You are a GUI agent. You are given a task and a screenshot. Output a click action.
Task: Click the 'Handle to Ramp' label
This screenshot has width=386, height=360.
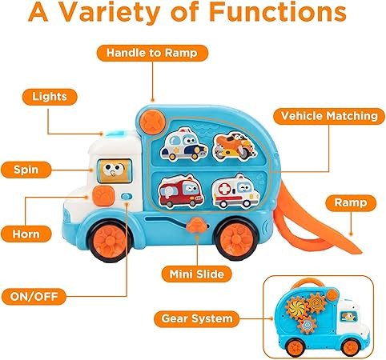point(152,53)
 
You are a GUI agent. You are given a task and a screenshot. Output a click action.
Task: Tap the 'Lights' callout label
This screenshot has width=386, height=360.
point(50,97)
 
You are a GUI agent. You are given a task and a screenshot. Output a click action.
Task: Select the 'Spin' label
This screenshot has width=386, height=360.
point(26,170)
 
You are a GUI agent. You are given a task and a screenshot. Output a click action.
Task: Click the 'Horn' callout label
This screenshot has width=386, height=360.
point(26,234)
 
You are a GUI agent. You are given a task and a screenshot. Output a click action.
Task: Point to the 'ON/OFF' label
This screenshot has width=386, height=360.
point(34,296)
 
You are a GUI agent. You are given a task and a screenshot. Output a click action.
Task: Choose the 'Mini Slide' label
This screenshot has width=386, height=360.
point(197,274)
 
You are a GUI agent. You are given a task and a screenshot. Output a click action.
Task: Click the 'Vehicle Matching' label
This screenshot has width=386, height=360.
point(329,116)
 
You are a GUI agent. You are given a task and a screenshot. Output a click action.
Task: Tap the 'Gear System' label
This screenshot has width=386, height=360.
point(197,318)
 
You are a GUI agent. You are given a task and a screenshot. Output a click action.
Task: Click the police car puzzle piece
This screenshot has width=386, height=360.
point(184,145)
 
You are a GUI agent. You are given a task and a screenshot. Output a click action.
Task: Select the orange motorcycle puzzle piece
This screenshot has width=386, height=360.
point(235,146)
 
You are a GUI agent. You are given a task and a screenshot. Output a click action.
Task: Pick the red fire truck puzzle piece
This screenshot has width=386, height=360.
point(181,191)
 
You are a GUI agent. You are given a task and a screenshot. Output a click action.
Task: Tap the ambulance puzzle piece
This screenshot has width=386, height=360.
point(235,191)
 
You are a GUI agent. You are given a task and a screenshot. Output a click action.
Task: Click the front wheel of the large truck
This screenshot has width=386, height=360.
point(110,240)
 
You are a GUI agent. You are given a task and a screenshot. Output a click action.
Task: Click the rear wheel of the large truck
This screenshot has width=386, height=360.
point(236,238)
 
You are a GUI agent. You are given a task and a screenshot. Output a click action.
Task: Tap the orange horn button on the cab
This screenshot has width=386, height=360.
point(103,196)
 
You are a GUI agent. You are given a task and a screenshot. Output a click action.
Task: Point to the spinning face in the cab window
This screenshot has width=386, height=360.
point(115,171)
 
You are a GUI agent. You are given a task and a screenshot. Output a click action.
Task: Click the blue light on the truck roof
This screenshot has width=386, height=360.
point(115,133)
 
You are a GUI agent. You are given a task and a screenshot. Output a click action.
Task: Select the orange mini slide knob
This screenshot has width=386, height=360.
point(197,226)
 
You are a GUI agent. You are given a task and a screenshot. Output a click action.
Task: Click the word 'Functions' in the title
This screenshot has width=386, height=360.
point(278,12)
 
